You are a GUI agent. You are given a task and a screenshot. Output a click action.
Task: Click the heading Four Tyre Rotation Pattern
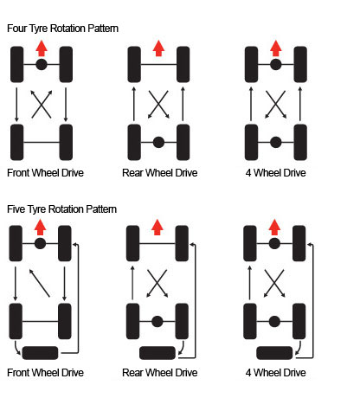62,29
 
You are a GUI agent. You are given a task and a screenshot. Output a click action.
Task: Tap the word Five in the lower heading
16,209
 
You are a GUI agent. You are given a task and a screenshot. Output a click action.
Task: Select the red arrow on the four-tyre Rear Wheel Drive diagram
158,48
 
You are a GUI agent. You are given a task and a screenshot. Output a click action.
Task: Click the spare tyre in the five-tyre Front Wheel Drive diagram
40,353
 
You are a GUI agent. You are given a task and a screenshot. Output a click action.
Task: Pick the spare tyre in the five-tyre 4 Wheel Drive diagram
274,353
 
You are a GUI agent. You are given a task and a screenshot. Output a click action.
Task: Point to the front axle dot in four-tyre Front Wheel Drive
42,64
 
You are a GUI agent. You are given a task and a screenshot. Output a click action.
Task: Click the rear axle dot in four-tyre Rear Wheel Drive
158,142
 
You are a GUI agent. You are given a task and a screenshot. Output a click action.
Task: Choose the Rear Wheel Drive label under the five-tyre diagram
160,373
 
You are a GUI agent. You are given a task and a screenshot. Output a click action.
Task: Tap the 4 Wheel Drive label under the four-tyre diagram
275,173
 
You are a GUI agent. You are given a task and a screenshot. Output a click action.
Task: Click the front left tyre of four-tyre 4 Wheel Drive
251,64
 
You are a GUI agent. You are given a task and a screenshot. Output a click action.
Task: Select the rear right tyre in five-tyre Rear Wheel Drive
182,321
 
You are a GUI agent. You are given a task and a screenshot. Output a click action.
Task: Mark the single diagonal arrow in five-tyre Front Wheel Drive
40,283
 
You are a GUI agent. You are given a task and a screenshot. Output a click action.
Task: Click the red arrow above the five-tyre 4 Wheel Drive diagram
274,227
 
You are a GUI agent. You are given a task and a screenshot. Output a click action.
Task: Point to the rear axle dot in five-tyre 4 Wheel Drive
274,321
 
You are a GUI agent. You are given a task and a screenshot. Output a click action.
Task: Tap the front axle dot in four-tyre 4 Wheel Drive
276,64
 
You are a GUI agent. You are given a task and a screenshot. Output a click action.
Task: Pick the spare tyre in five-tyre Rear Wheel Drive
157,353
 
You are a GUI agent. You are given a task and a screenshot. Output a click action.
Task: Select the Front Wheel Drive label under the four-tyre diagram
45,173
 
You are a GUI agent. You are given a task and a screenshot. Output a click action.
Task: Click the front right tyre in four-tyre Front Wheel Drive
66,64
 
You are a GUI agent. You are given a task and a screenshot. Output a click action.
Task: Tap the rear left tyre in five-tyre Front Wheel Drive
16,321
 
